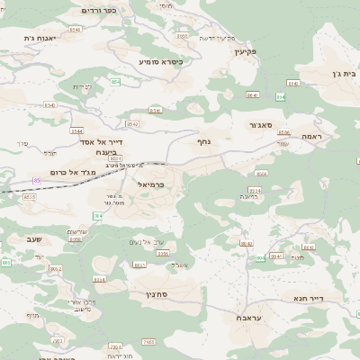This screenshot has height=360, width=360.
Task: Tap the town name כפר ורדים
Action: click(x=100, y=10)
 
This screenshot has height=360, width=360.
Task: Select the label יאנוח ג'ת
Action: click(x=41, y=39)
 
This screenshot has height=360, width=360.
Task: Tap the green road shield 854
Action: click(x=116, y=81)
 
